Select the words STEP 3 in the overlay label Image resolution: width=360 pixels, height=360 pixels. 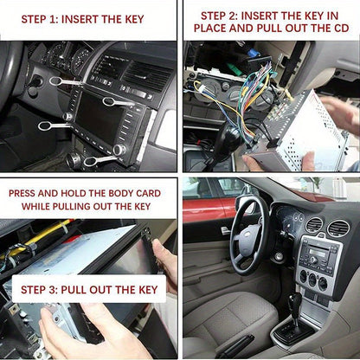pos(43,288)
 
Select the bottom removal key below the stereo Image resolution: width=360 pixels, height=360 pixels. pos(98,159)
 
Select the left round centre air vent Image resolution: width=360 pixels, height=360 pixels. pos(314,226)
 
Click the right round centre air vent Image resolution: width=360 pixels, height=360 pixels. pos(338,229)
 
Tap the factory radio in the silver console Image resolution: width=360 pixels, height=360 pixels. pos(318,256)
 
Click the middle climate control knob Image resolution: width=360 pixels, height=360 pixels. pos(313,280)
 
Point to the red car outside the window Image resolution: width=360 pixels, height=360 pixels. pos(204,208)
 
